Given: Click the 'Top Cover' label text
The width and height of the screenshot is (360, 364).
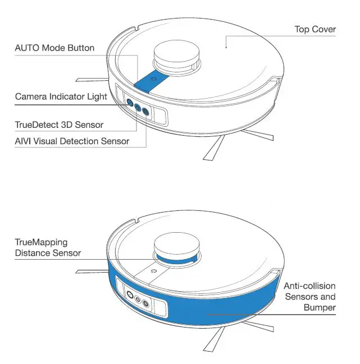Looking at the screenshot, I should [x=315, y=29].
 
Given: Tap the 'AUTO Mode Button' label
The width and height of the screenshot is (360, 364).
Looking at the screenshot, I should [x=54, y=48].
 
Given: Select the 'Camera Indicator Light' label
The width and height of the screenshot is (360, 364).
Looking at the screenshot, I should [x=61, y=96].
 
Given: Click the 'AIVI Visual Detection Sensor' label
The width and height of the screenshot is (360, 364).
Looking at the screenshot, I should [x=72, y=141].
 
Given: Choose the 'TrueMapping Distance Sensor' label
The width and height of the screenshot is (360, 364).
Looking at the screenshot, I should [x=48, y=248].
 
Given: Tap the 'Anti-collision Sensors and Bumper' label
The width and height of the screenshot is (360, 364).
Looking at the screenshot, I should [x=309, y=296].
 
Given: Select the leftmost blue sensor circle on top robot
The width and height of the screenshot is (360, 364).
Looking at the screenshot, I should [x=130, y=103].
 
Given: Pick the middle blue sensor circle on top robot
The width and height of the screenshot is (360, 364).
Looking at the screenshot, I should [x=138, y=107].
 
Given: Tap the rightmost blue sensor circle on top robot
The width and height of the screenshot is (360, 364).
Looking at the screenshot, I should [x=147, y=111].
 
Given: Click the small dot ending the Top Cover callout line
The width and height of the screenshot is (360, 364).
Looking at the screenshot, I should [x=225, y=48].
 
